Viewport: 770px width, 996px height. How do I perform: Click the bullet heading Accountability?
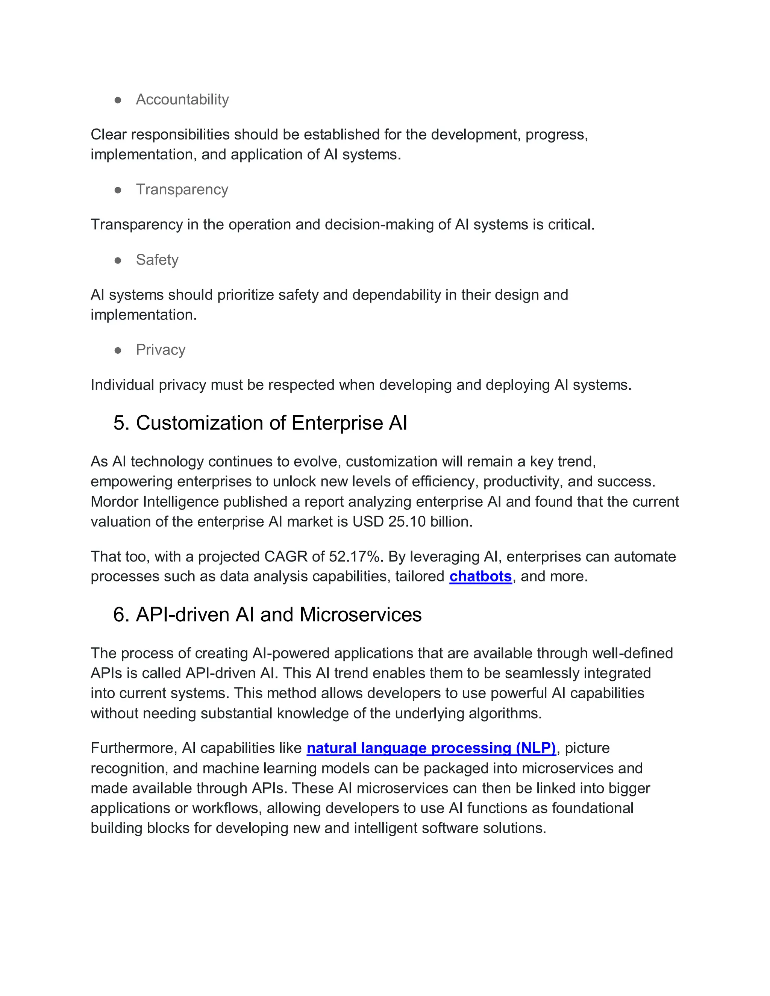tap(182, 100)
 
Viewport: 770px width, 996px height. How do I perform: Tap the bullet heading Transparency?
tap(182, 189)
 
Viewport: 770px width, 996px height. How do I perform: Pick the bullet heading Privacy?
tap(161, 350)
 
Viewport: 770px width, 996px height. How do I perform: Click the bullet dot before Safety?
tap(118, 260)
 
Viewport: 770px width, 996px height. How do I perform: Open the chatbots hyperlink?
tap(480, 577)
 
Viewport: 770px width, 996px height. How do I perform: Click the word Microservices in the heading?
tap(360, 615)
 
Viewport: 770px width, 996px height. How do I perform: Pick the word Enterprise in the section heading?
tap(337, 423)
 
